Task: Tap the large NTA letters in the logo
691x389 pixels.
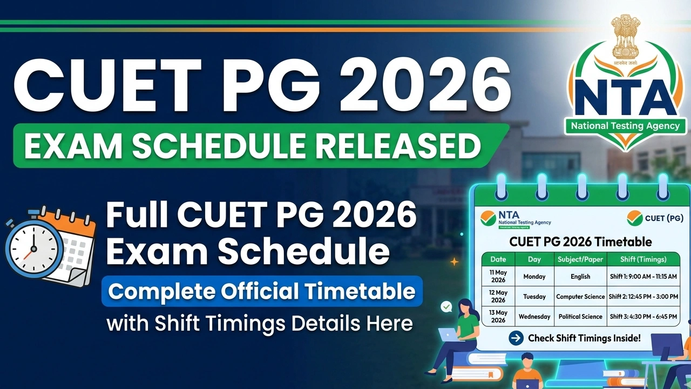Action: (x=626, y=99)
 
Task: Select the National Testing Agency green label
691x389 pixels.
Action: (x=626, y=126)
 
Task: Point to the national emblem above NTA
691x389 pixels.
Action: (x=626, y=38)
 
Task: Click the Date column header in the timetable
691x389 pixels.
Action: (x=498, y=259)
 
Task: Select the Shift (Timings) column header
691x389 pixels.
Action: (x=643, y=259)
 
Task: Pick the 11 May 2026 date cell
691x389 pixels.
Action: (x=498, y=277)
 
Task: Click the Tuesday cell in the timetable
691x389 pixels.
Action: (x=534, y=297)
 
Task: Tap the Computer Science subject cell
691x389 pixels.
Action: (x=580, y=297)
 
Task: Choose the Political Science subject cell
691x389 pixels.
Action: (x=580, y=317)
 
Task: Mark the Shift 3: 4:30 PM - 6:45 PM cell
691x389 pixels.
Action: (x=643, y=317)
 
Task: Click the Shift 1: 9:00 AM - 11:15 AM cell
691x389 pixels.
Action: (x=643, y=277)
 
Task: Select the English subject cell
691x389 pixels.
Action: (x=580, y=277)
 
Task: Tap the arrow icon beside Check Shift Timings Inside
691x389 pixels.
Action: (x=516, y=338)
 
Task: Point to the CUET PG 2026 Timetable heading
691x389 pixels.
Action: (x=580, y=242)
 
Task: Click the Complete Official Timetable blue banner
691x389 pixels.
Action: (x=262, y=292)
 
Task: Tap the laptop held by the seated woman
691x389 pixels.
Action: (x=448, y=336)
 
